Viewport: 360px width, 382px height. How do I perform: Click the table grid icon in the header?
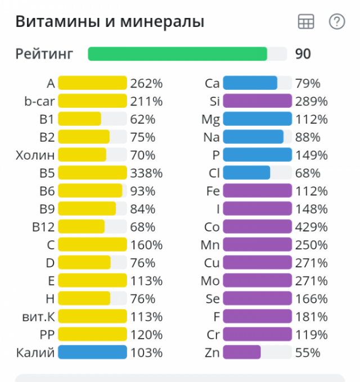[x=305, y=22]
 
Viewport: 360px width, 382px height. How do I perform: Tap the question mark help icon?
[x=336, y=22]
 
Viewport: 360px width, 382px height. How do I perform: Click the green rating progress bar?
[x=177, y=54]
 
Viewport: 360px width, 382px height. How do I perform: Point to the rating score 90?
[x=303, y=54]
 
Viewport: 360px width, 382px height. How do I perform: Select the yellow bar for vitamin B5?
[x=92, y=173]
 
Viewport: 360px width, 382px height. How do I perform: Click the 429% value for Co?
[x=311, y=227]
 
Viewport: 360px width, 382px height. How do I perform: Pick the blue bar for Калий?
[x=92, y=353]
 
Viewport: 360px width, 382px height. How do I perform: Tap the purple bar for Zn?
[x=242, y=353]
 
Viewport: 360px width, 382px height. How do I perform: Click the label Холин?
[x=35, y=155]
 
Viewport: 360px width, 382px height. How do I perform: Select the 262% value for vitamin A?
[x=146, y=84]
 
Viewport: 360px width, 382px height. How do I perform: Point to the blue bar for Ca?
[x=250, y=83]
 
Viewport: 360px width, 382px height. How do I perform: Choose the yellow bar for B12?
[x=81, y=227]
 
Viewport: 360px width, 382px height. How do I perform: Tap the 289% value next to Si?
[x=311, y=102]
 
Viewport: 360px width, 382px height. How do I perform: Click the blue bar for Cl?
[x=246, y=173]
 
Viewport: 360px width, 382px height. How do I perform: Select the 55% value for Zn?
[x=308, y=353]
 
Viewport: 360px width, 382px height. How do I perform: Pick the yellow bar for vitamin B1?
[x=79, y=119]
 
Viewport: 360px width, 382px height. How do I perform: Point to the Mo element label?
[x=210, y=281]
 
